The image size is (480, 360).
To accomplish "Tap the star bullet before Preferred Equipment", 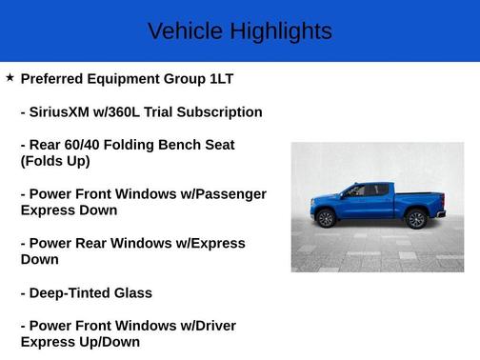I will point(10,77).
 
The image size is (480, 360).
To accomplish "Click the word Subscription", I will point(220,111).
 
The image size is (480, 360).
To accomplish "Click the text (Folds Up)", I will point(55,161).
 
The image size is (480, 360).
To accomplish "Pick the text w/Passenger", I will point(223,193).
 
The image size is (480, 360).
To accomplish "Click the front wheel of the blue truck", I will point(326,219).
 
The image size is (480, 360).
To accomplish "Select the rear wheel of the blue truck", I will point(415,219).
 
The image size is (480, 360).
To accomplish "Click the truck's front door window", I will point(355,191).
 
